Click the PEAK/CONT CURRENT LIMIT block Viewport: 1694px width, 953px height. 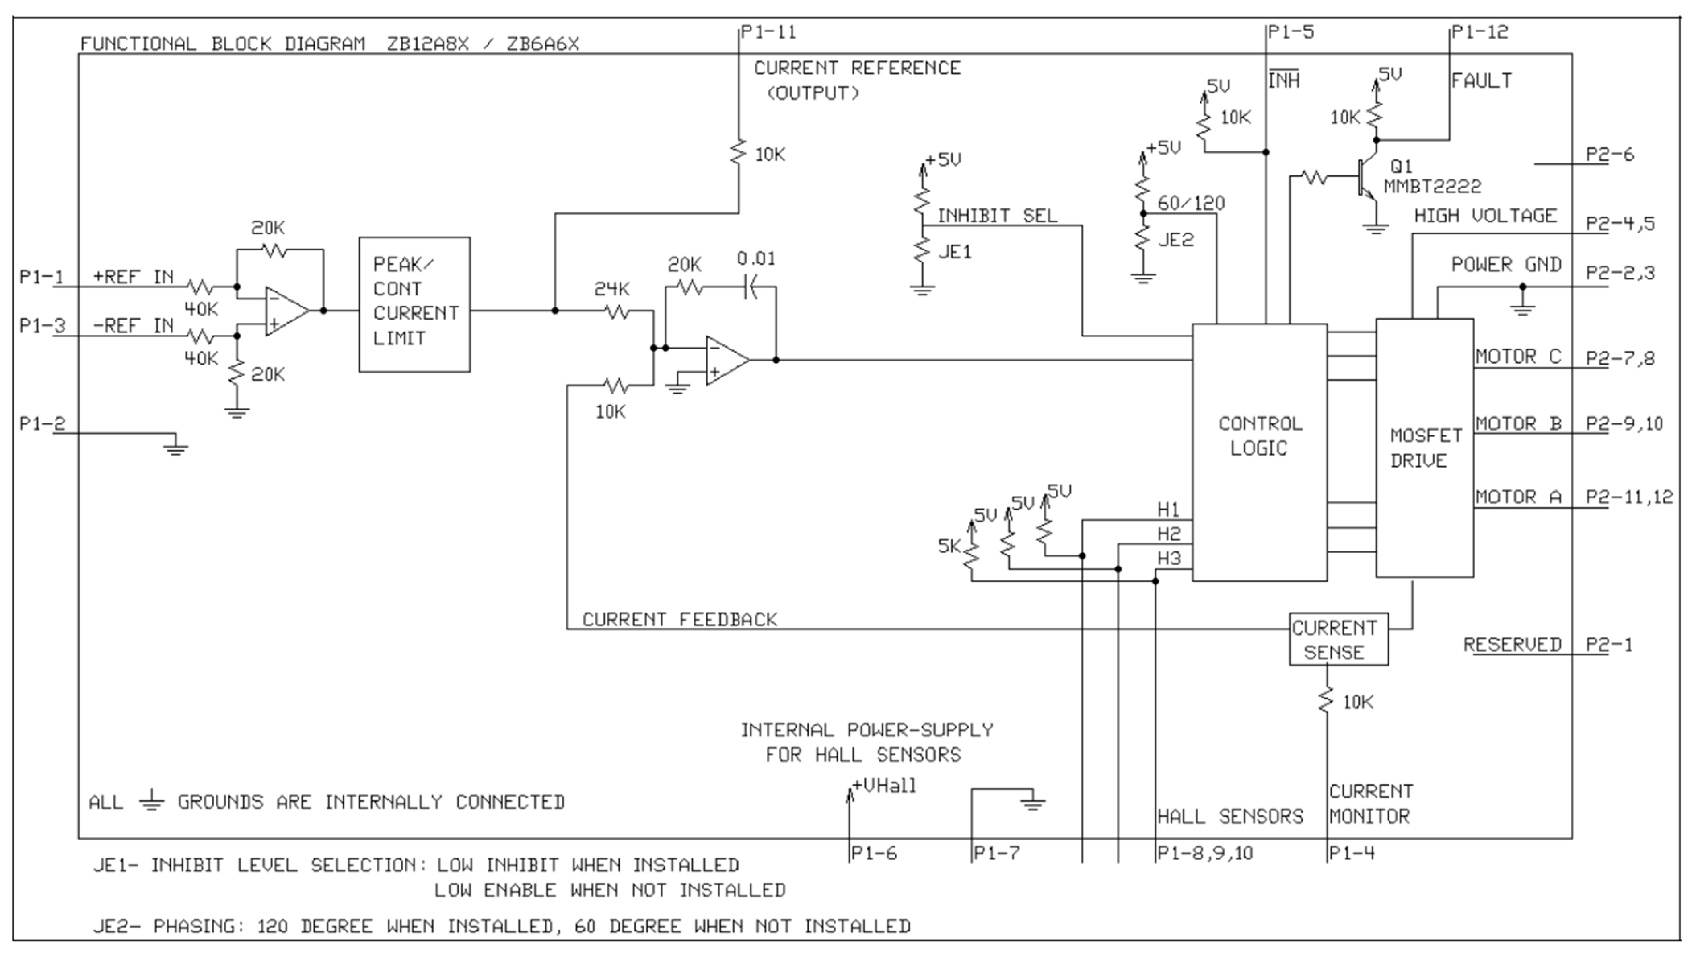tap(414, 305)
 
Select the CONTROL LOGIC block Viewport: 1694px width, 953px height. tap(1259, 452)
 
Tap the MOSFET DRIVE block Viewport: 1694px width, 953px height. tap(1424, 448)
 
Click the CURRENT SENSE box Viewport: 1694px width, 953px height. tap(1338, 639)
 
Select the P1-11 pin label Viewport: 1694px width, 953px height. tap(768, 31)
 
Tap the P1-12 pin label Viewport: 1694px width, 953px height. tap(1480, 31)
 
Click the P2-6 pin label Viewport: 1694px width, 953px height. tap(1610, 155)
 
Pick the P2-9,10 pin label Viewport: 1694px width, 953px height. tap(1624, 423)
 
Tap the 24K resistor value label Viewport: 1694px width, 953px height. tap(611, 289)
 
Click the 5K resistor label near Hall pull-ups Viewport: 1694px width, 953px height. tap(949, 546)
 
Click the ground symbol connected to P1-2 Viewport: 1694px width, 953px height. tap(175, 447)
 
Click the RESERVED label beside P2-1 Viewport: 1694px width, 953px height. tap(1512, 645)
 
